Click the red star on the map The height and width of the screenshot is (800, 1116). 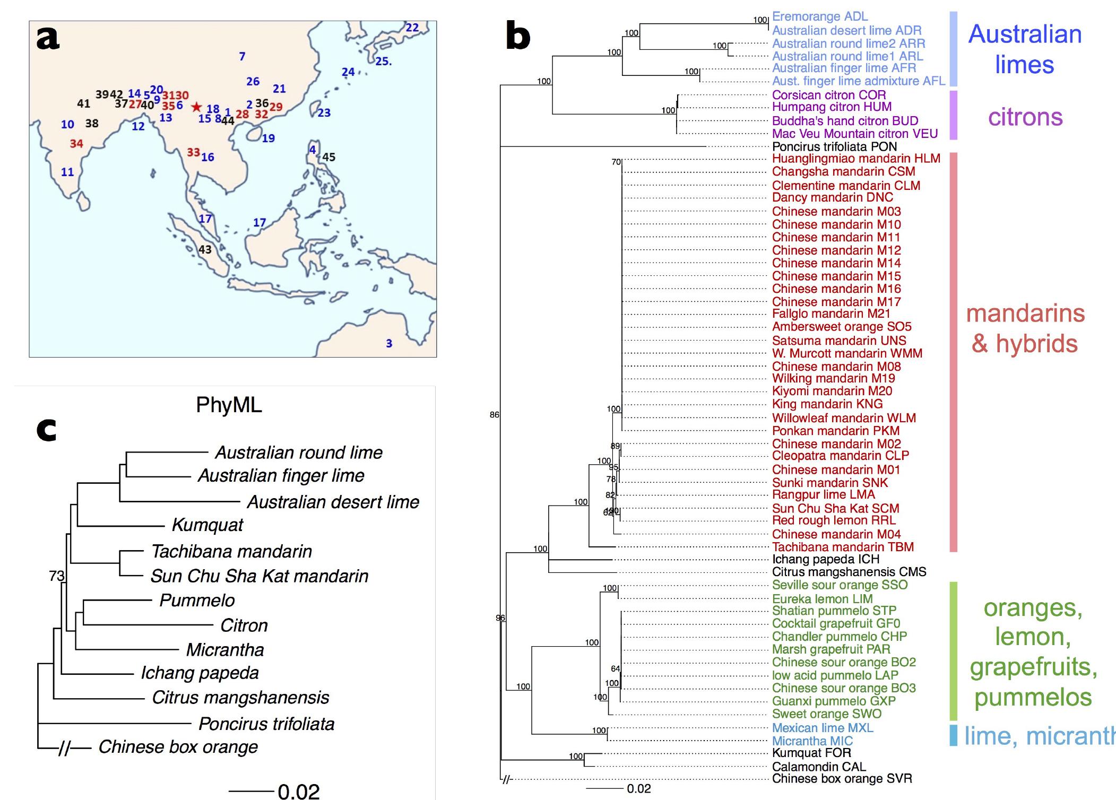pos(196,107)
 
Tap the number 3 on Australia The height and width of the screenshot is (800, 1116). pos(389,343)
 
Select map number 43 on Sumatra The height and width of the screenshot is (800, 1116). pos(205,249)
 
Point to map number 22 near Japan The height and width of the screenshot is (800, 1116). pos(412,28)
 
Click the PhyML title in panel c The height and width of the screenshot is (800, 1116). pos(229,405)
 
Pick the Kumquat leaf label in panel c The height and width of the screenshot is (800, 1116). pos(207,525)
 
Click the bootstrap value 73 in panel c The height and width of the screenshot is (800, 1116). pos(56,576)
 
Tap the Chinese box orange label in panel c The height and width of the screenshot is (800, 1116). pos(178,747)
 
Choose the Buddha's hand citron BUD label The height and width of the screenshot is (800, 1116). pos(845,121)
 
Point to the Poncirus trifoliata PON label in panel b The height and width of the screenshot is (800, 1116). pos(834,147)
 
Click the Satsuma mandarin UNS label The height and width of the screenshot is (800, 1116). pos(839,341)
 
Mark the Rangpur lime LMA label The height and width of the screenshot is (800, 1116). pos(823,495)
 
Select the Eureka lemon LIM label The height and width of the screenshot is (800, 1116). pos(822,599)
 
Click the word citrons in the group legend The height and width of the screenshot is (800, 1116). pos(1025,117)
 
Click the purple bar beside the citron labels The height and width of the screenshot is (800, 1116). pos(953,115)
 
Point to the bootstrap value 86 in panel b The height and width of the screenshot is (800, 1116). pos(495,415)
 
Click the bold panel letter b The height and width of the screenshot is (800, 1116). pos(518,36)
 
